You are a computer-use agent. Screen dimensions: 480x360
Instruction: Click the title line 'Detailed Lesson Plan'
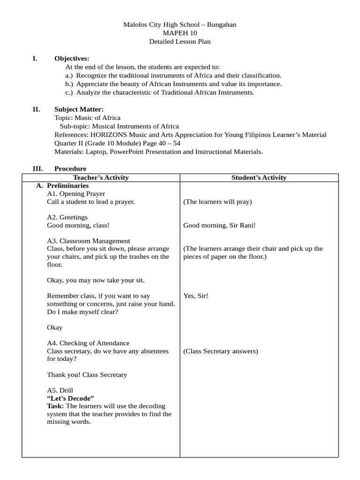click(180, 42)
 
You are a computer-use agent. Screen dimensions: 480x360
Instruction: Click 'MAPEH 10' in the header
click(180, 33)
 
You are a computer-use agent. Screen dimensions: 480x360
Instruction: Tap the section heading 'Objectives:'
click(71, 59)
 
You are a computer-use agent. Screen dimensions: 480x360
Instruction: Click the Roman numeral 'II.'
click(36, 109)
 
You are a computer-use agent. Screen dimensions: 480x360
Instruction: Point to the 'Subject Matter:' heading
click(75, 109)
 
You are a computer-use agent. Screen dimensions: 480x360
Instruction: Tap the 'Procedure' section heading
click(70, 169)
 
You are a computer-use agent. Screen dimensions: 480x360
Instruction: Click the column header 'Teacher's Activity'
click(101, 178)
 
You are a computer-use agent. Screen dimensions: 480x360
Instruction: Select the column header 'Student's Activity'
click(259, 178)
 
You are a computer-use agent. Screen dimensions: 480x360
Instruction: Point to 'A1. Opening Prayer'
click(76, 194)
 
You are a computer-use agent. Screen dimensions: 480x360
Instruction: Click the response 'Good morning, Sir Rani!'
click(219, 225)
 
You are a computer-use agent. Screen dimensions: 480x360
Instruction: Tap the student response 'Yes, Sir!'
click(195, 296)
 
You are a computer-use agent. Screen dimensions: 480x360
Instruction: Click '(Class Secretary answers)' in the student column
click(220, 351)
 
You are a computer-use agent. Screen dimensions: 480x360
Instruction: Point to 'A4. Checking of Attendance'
click(88, 343)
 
